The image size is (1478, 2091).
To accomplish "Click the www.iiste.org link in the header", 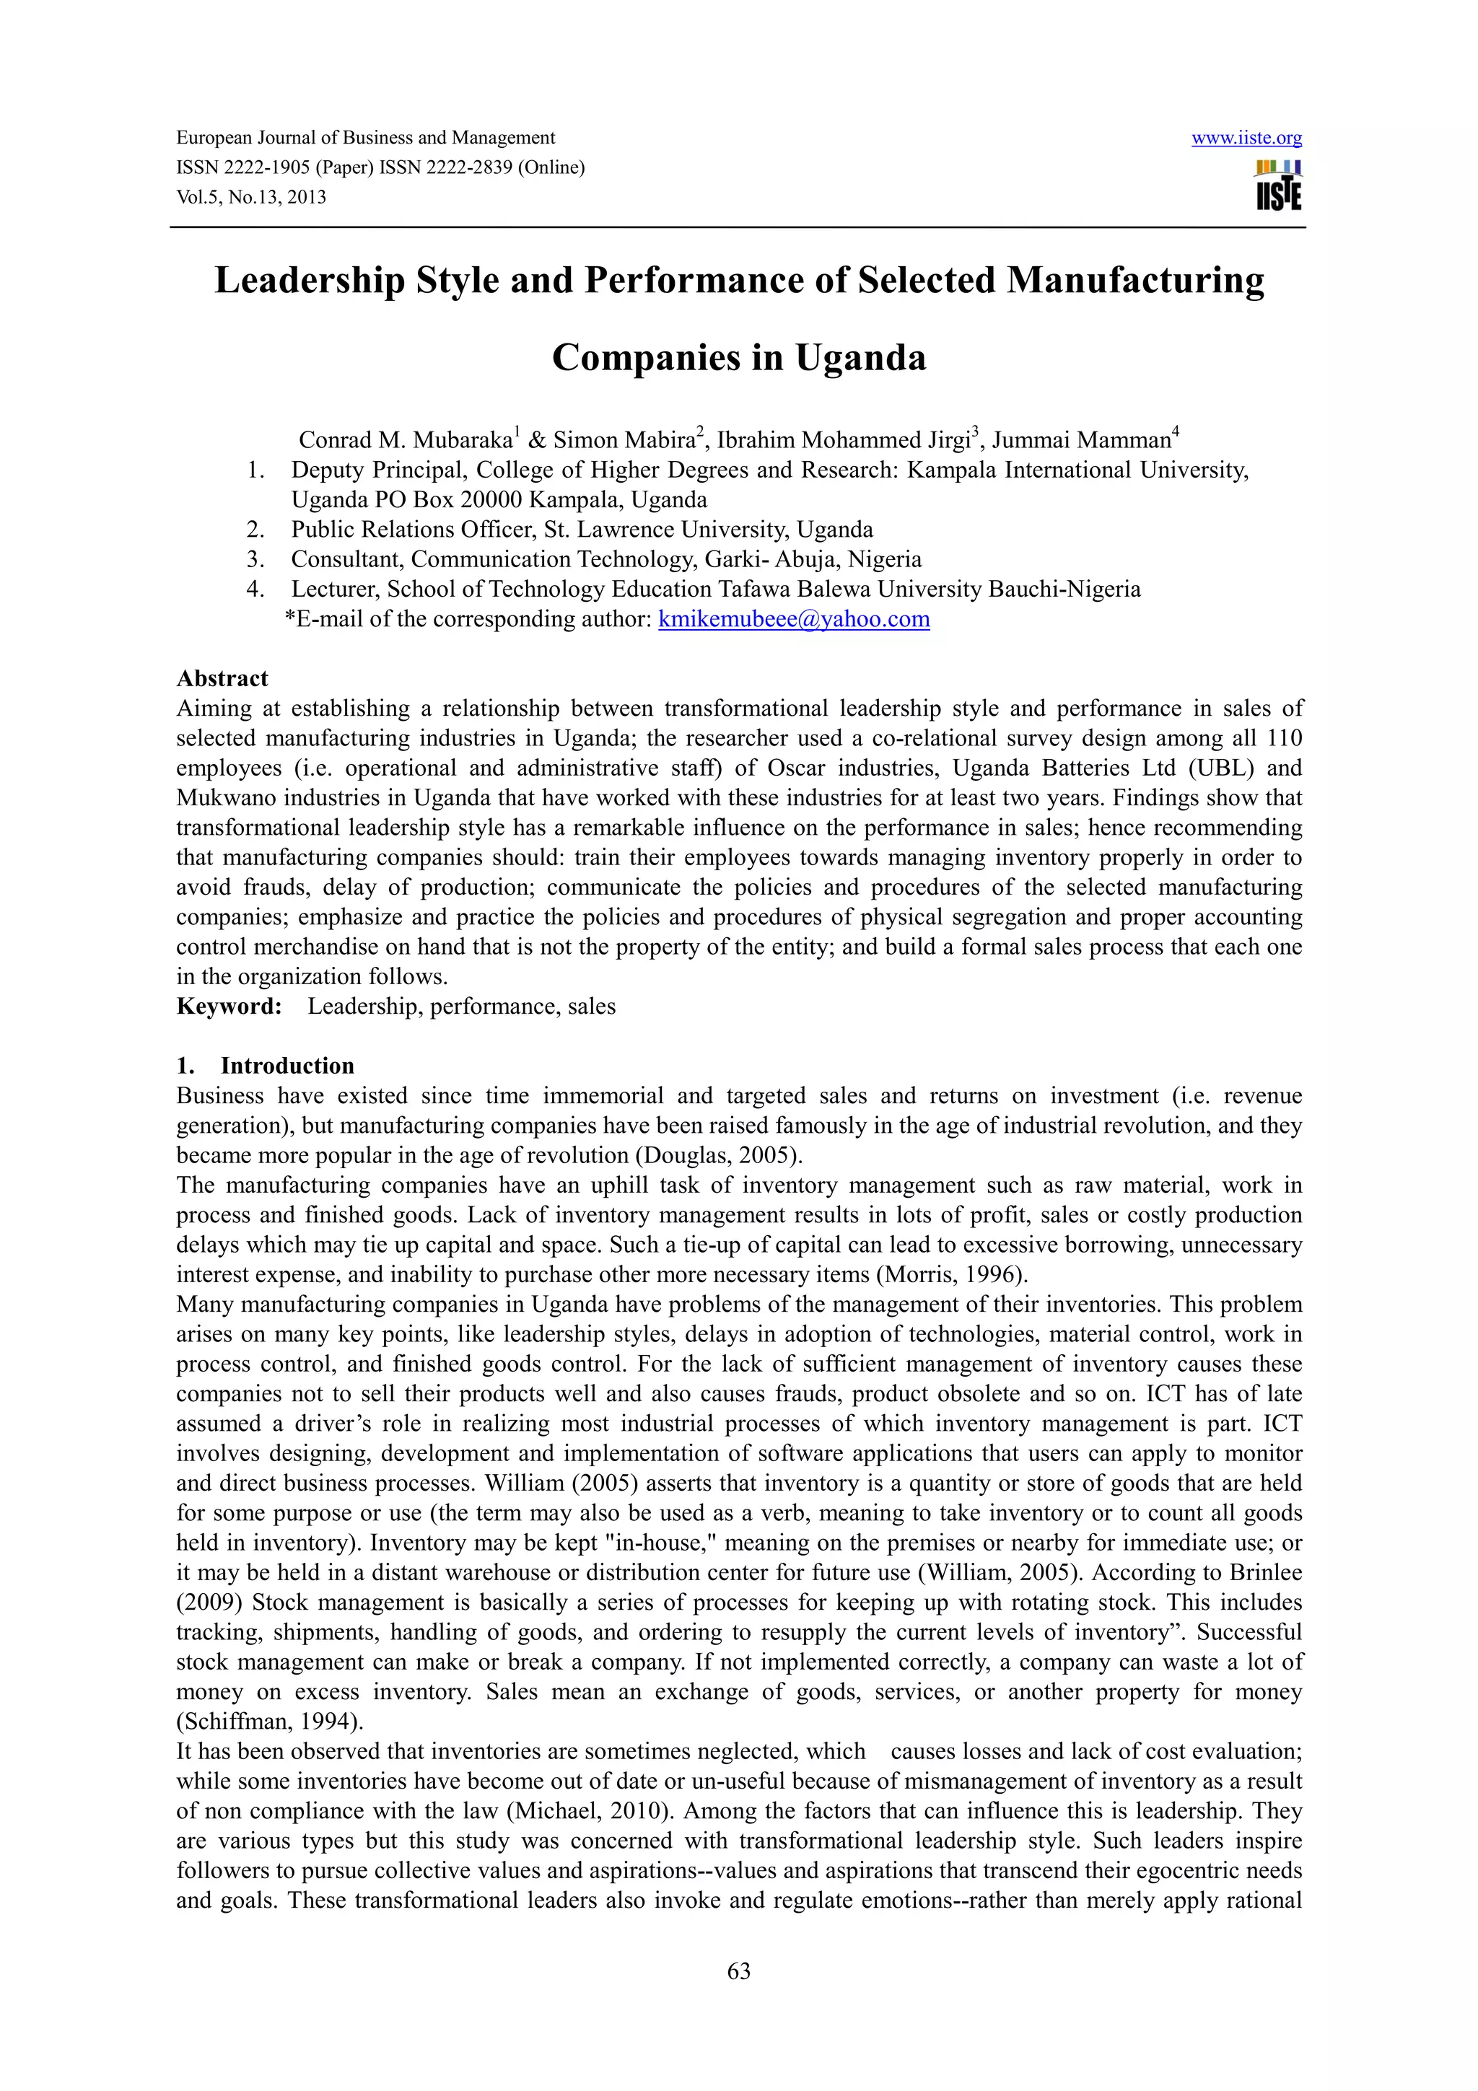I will coord(1246,139).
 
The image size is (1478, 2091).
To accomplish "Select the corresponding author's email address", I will coord(793,619).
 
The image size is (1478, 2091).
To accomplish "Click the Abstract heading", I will coord(222,678).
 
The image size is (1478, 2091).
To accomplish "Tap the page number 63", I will coord(738,1971).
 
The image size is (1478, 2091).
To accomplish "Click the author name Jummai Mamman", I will coord(1081,441).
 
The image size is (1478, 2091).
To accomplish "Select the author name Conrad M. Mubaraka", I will coord(406,441).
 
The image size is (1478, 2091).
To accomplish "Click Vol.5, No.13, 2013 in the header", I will coord(251,198).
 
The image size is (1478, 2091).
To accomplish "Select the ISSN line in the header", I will coord(380,167).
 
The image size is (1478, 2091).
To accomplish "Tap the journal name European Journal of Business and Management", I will coord(365,138).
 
